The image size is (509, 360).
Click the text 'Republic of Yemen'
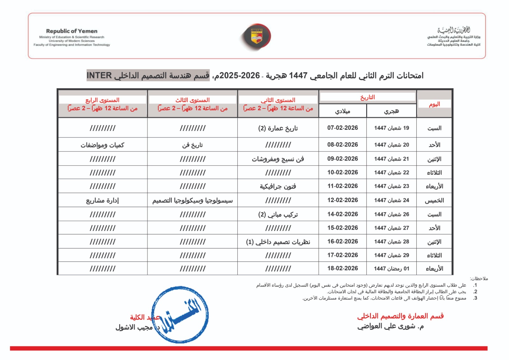72,31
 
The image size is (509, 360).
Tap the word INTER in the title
99,76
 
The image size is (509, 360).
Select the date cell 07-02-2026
342,128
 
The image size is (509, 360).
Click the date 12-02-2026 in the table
342,200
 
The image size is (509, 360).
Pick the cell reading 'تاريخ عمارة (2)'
278,128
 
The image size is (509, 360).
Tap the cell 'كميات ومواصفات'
102,145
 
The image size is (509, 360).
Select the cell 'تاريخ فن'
192,145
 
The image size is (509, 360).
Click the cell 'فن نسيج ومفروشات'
278,159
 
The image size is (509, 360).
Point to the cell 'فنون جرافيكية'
278,187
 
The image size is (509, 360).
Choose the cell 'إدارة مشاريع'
102,201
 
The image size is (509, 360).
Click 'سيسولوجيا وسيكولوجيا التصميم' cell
192,201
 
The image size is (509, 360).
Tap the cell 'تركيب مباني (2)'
278,215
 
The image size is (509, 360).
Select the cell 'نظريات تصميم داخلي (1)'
278,242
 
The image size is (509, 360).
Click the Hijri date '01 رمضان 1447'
391,269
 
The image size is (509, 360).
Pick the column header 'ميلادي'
342,111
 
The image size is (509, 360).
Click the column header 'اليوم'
434,104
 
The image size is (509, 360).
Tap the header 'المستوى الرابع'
102,100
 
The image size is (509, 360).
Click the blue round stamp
180,314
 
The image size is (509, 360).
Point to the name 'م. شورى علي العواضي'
390,326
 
